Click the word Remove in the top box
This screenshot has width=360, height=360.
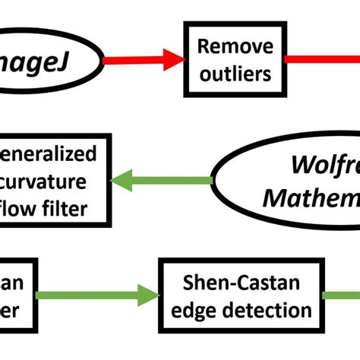point(235,46)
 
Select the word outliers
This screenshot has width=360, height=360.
point(235,74)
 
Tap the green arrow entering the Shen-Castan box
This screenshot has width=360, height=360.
point(99,295)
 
